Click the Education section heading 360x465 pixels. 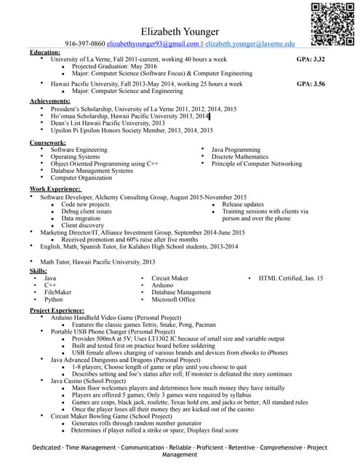pos(45,52)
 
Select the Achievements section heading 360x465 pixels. pos(50,100)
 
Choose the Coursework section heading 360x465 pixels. pos(48,143)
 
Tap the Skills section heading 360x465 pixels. pos(39,270)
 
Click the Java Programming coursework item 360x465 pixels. pos(236,150)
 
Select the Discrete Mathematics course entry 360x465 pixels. pos(240,157)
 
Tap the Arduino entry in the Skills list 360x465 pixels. pos(164,285)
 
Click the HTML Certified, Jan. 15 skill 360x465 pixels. pos(291,278)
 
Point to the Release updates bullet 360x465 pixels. pos(243,204)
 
